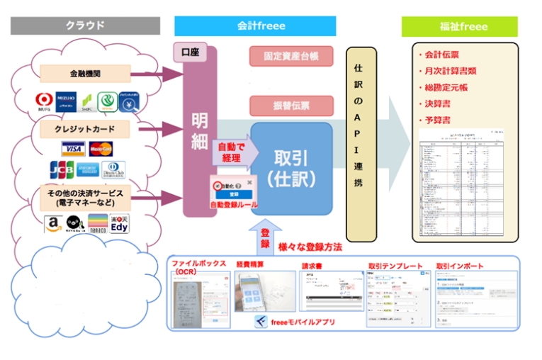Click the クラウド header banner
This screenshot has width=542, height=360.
point(84,26)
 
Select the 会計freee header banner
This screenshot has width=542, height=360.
point(261,26)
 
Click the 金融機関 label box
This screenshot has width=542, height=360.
point(86,73)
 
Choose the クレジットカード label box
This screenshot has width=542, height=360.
point(86,130)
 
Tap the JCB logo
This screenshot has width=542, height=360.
point(62,171)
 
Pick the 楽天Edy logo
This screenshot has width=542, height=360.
point(119,225)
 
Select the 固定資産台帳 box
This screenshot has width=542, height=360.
point(291,56)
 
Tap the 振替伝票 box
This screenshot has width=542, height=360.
point(291,106)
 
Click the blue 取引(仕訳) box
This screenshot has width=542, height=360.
point(291,168)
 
